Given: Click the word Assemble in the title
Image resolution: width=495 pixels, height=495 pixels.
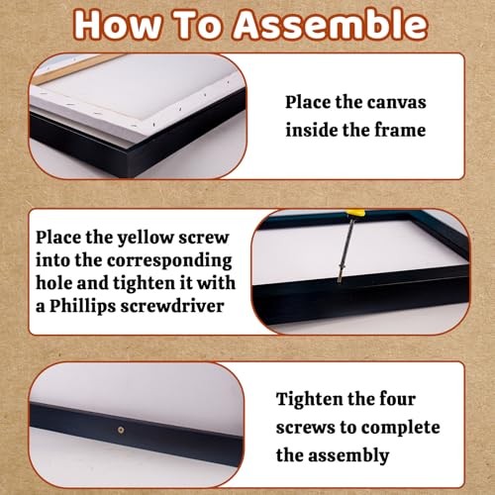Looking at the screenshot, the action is click(x=331, y=25).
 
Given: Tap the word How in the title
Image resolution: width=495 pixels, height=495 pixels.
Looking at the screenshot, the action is click(x=118, y=25).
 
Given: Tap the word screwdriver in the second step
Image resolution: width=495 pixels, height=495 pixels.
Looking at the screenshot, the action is click(x=172, y=306).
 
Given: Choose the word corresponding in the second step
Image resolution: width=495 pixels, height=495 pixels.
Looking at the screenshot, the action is click(x=169, y=261).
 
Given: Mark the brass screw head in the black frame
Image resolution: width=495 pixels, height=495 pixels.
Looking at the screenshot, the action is click(x=121, y=430).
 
